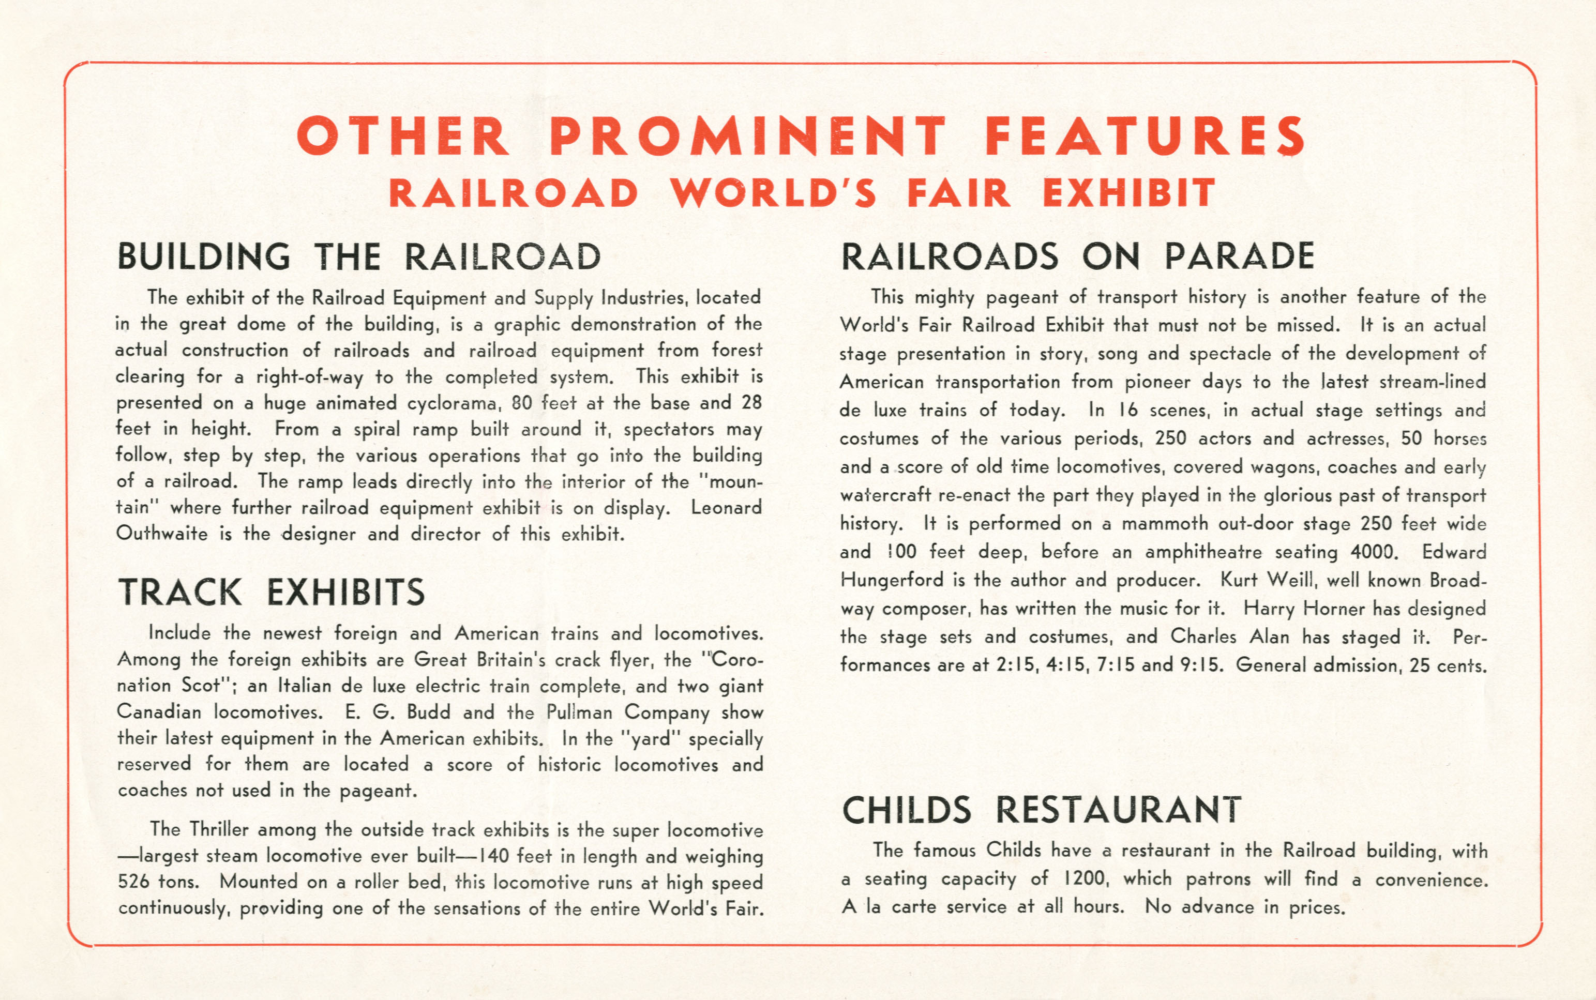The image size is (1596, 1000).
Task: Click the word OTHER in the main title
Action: click(x=403, y=135)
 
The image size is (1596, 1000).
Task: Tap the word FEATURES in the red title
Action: click(x=1145, y=135)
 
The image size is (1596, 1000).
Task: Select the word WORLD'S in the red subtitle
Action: click(x=773, y=192)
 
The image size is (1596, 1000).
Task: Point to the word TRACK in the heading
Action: click(x=180, y=592)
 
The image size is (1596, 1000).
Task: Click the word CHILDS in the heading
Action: click(x=906, y=810)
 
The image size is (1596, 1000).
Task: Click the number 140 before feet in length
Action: click(x=493, y=856)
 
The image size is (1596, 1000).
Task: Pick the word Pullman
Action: click(x=580, y=713)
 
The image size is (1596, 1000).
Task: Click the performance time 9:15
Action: click(x=1200, y=664)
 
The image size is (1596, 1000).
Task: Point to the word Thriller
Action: click(x=219, y=829)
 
